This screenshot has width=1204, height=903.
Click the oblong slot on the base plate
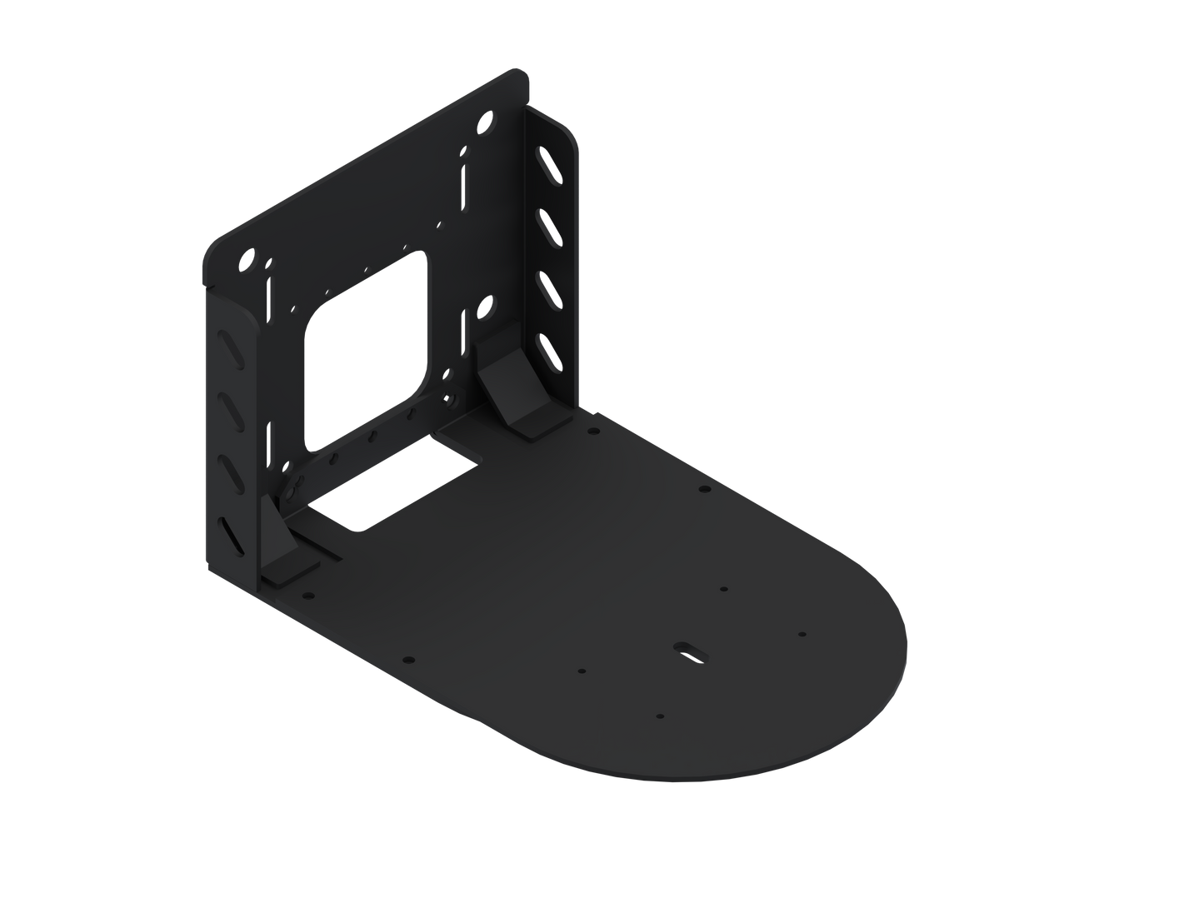[690, 651]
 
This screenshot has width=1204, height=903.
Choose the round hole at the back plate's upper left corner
[248, 261]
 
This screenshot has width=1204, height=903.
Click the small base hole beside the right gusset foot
[592, 432]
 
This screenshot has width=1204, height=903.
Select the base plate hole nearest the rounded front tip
[802, 634]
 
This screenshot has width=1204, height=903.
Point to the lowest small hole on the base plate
[659, 716]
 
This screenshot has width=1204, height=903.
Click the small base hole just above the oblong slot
[723, 589]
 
